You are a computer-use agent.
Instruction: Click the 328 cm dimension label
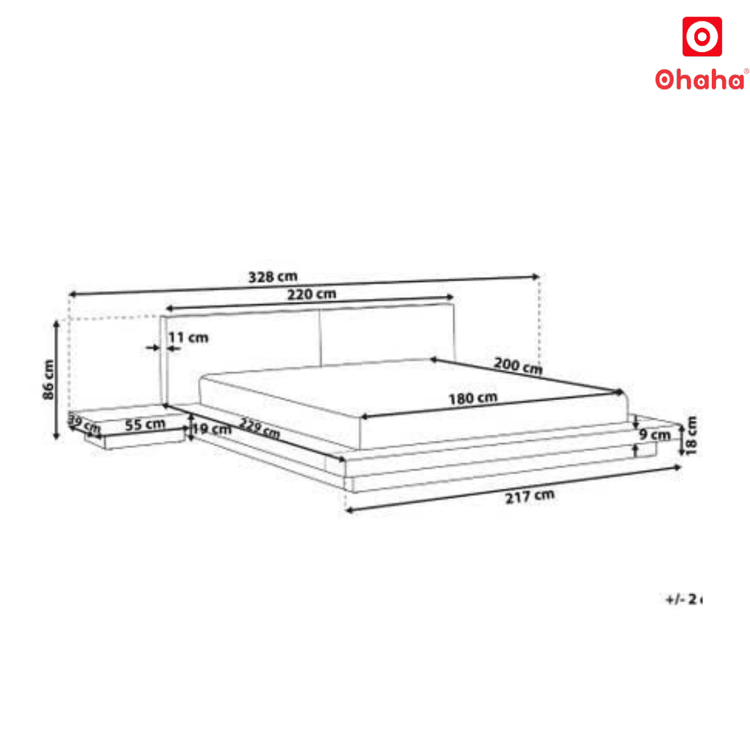tap(272, 277)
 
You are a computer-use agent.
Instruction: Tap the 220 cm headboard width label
tap(312, 294)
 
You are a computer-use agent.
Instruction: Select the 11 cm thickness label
tap(188, 338)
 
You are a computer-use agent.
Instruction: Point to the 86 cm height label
tap(49, 379)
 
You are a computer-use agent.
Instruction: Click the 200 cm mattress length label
tap(518, 365)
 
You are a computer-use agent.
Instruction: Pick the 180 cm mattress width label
tap(473, 398)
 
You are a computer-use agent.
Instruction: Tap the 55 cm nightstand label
tap(144, 424)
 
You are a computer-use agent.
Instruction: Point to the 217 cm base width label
tap(530, 496)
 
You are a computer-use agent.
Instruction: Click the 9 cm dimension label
tap(654, 435)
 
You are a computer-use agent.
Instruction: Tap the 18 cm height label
tap(691, 435)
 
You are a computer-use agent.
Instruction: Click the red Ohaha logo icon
tap(702, 37)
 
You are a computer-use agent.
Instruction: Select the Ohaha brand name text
tap(701, 79)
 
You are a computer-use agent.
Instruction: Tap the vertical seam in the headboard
tap(320, 337)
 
